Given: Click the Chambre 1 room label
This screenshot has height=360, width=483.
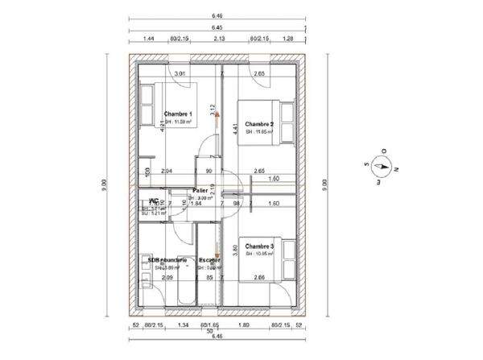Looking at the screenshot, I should pyautogui.click(x=178, y=114).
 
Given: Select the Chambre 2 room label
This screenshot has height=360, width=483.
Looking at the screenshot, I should pyautogui.click(x=259, y=124).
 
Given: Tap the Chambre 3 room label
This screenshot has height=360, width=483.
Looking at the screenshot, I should pyautogui.click(x=259, y=246).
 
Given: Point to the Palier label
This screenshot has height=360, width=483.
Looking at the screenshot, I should pyautogui.click(x=200, y=191).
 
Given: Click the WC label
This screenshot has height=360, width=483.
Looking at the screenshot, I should pyautogui.click(x=153, y=201).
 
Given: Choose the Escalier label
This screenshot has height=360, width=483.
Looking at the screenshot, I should pyautogui.click(x=210, y=261).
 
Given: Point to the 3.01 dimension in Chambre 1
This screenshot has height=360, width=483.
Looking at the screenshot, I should pyautogui.click(x=181, y=74).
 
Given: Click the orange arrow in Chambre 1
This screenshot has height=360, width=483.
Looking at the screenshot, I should pyautogui.click(x=216, y=116).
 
